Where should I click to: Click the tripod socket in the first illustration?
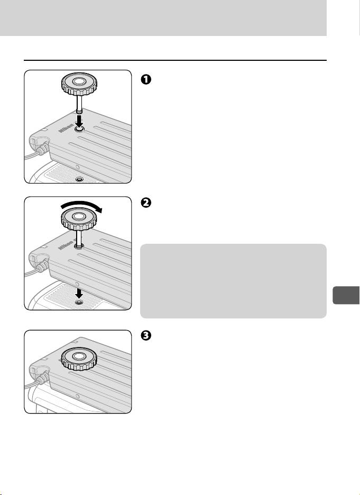[79, 180]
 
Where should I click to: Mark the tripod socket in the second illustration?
[79, 302]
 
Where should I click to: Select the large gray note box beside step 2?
[233, 280]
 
